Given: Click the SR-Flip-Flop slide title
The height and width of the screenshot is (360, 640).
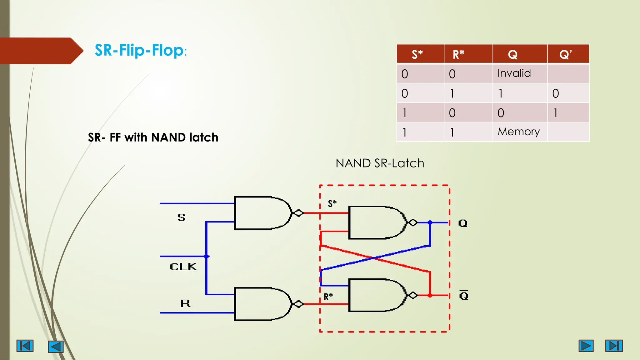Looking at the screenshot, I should point(140,51).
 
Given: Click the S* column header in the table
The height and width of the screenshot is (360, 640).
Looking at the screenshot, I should point(417,54).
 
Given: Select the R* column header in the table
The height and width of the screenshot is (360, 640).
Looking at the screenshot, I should point(458,54).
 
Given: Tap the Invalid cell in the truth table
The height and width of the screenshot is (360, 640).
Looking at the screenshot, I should point(514,73).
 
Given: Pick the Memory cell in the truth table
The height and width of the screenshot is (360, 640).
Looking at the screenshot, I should point(518,132).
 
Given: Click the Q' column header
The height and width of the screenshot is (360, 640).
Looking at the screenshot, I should point(565,54).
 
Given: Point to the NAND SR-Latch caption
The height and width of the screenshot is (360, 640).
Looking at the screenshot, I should point(380,163).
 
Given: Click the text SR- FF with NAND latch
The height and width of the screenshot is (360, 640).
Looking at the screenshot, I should point(153,137).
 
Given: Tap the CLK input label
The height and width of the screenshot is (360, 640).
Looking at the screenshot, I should point(183,267).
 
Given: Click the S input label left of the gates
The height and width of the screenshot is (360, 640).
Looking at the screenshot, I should point(181,217).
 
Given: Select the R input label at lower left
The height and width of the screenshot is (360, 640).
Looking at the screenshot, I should point(185,303).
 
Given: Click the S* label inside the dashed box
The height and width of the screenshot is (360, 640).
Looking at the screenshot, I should point(332,204).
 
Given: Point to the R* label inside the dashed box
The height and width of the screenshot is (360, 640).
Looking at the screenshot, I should point(328,297).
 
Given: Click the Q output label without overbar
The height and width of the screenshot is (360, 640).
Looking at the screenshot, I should point(462,223).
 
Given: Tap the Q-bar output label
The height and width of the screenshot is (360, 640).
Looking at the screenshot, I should point(464,295).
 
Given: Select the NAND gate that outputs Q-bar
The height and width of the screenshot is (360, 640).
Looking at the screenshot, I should point(377,295).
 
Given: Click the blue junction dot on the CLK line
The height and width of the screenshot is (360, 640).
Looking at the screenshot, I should point(207,256).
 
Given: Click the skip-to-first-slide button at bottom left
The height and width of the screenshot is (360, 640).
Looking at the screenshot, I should point(25,346).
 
